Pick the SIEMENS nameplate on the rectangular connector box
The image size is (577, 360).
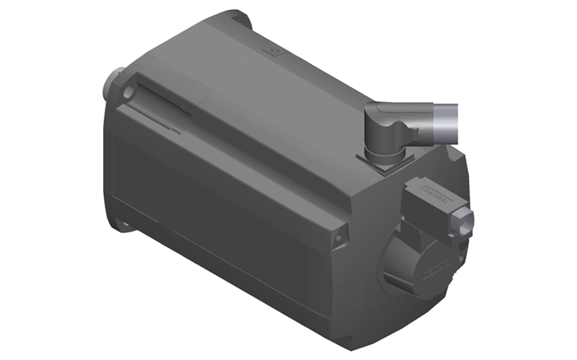click(437, 197)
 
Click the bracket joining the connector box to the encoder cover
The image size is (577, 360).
click(412, 227)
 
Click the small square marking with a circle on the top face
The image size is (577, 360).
click(273, 51)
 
